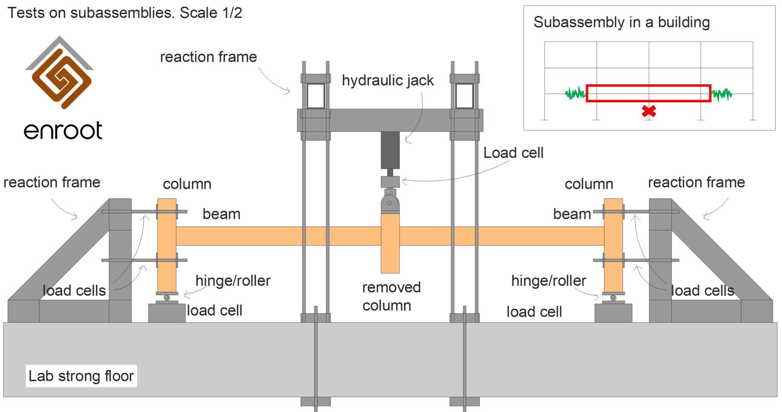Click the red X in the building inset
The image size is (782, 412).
649,111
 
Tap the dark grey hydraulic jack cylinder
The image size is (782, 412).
390,150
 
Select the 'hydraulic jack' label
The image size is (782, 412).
388,80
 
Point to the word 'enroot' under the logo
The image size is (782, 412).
63,130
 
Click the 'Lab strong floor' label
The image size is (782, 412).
81,376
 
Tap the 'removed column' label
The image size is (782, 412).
391,296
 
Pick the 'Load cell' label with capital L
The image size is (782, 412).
513,153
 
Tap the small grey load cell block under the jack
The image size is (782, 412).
390,182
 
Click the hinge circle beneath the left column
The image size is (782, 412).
166,297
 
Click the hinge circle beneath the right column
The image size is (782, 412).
613,297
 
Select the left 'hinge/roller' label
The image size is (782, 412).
233,281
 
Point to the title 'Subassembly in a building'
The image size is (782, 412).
622,22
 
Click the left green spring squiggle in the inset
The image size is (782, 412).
575,93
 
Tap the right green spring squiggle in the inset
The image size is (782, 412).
721,94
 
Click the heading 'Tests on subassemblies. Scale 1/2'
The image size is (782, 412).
125,13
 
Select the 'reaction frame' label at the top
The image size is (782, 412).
208,57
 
